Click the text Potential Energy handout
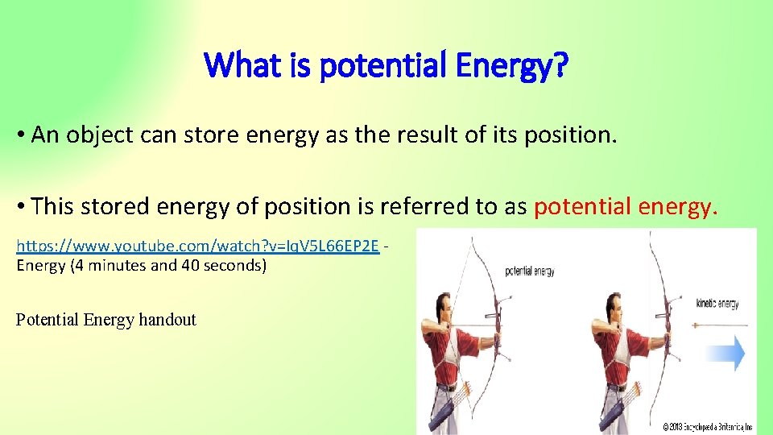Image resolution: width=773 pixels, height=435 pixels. click(x=105, y=320)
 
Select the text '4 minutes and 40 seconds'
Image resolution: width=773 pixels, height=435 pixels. click(x=168, y=265)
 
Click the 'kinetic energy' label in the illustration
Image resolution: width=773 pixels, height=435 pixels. click(x=717, y=304)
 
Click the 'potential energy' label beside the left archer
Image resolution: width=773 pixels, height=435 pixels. click(x=529, y=271)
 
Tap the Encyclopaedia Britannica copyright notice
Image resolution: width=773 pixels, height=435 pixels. click(x=707, y=425)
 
